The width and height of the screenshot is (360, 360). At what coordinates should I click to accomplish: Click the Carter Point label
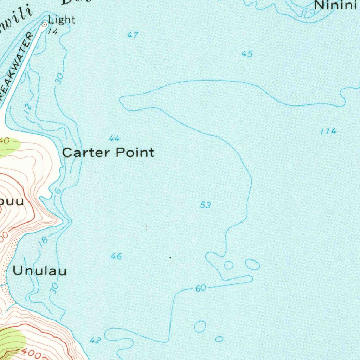108,153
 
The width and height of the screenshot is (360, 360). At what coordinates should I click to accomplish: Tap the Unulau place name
39,271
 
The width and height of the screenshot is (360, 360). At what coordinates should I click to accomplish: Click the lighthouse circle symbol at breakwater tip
45,24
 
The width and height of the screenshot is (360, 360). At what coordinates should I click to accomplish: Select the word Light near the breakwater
62,20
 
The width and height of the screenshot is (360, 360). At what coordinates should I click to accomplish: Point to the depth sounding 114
328,131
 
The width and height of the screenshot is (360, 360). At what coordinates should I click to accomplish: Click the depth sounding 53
205,205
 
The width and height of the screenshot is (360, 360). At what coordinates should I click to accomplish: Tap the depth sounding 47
133,35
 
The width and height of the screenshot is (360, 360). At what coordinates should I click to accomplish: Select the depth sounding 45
247,54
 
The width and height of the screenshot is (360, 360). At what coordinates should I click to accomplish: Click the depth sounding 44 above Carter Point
114,139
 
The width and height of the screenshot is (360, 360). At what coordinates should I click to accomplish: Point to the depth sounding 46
116,256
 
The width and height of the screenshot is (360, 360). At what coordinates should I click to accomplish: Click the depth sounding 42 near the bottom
95,340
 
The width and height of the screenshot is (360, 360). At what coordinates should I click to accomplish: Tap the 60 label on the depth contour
200,289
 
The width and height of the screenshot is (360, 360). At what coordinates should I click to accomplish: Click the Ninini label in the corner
336,6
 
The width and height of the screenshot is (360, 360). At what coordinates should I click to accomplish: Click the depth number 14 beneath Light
52,32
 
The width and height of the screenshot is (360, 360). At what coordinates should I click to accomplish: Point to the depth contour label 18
43,241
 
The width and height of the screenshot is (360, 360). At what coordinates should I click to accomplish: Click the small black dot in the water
170,258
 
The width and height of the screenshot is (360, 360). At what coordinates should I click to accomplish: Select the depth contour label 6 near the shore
58,190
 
